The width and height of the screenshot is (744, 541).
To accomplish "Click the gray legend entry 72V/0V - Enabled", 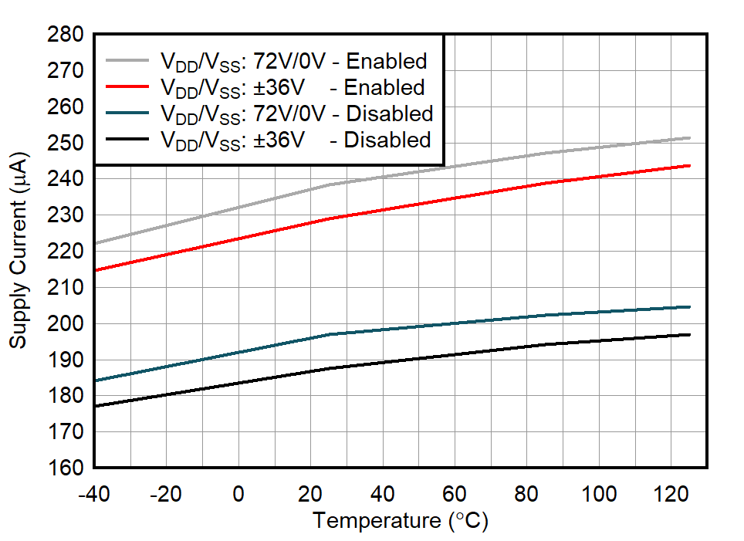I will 293,61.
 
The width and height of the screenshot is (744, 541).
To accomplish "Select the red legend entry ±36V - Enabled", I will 293,87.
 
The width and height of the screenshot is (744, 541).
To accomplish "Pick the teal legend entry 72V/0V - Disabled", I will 296,113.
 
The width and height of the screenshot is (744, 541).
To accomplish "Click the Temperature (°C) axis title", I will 401,521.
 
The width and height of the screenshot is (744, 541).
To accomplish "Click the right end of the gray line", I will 689,138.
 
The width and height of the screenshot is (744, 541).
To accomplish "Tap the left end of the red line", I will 94,270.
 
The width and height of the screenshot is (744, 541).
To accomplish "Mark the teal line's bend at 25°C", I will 330,334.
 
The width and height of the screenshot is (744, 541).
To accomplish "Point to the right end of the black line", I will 689,334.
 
